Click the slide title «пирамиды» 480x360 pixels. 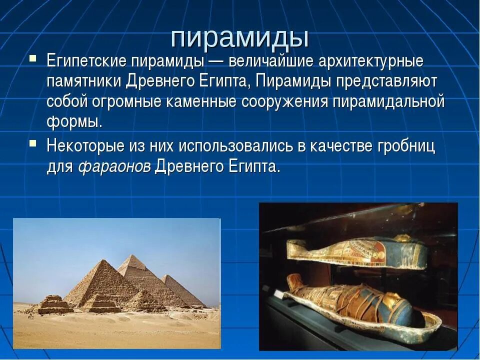click(x=239, y=37)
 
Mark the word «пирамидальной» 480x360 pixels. click(x=388, y=101)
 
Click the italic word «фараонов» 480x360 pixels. click(x=114, y=166)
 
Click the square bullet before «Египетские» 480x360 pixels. click(x=32, y=59)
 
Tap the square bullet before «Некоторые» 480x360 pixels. click(x=32, y=143)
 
